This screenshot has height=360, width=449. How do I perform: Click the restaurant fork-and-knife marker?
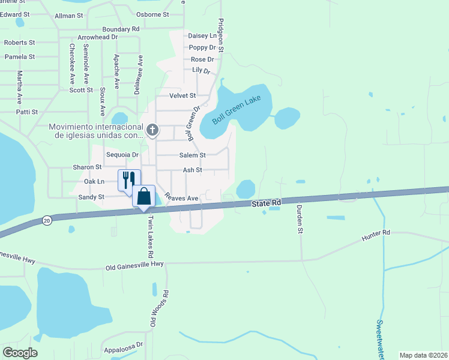pos(129,179)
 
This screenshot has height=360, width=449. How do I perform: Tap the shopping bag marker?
pos(144,197)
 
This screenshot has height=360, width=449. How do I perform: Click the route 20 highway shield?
pos(47,221)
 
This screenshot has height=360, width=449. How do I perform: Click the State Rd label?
pos(267,203)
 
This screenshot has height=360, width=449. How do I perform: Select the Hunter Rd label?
pos(376,235)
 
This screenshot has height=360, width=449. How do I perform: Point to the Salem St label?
pos(192,155)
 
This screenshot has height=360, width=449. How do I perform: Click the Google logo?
pos(20,353)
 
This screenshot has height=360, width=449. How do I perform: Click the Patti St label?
pos(28,112)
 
